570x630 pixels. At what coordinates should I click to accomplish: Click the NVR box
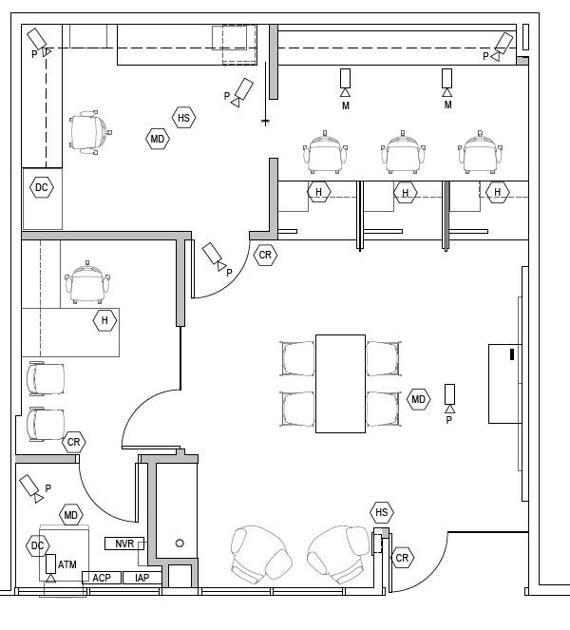pos(123,544)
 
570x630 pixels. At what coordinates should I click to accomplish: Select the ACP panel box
pos(101,578)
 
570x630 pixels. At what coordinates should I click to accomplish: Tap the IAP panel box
pos(142,578)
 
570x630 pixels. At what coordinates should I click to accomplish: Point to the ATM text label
pos(67,565)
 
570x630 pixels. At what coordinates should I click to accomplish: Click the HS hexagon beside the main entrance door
pos(382,513)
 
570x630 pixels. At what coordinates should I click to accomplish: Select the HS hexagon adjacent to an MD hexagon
pos(184,118)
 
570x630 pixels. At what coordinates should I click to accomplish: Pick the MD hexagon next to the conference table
pos(418,399)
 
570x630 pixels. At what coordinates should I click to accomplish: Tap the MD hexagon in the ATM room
pos(71,516)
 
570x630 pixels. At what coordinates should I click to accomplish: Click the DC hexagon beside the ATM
pos(37,545)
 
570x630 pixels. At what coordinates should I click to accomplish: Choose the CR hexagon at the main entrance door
pos(403,558)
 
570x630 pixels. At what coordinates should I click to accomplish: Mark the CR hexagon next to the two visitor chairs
pos(74,443)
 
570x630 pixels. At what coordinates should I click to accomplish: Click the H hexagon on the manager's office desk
pos(104,321)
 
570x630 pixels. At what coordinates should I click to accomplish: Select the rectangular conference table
pos(340,383)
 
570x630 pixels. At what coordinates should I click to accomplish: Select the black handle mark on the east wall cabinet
pos(512,356)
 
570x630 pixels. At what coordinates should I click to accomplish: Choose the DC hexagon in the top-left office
pos(41,188)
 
